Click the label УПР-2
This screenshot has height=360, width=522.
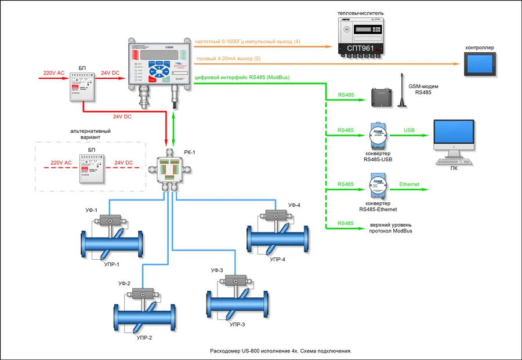coord(143,337)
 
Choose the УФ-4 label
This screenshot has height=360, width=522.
coord(295,205)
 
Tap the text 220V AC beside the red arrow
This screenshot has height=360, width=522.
coord(53,74)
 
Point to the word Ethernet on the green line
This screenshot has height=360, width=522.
coord(409,184)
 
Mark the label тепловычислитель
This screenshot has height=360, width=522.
coord(360,13)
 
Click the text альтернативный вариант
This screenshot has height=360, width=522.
coord(90,134)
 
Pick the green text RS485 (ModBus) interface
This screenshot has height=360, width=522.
coord(242,78)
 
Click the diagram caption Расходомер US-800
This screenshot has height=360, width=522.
coord(281,351)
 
